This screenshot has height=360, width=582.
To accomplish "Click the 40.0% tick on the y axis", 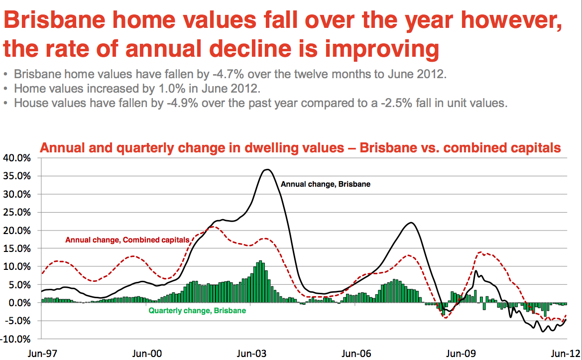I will click(x=17, y=158).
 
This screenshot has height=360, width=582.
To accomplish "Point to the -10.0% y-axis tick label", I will click(x=16, y=339).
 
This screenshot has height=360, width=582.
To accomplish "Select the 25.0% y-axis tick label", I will click(x=17, y=213).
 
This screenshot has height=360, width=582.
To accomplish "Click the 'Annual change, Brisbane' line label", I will click(x=326, y=184).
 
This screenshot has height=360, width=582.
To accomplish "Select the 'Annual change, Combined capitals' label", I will click(x=127, y=240).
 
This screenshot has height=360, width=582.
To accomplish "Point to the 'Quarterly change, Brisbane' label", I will click(x=197, y=311).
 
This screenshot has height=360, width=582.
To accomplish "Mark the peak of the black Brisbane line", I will click(x=267, y=170).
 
